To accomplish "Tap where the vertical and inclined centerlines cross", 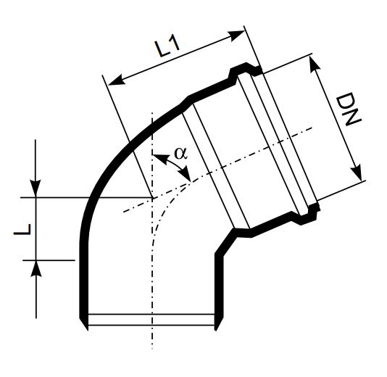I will pyautogui.click(x=151, y=198).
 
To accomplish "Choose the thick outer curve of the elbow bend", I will pyautogui.click(x=116, y=152).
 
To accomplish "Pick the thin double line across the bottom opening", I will pyautogui.click(x=149, y=320).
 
